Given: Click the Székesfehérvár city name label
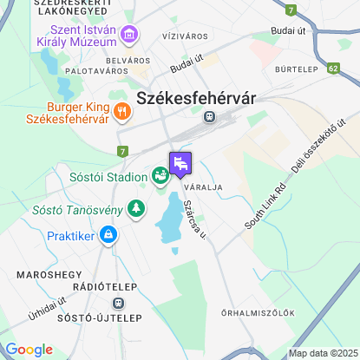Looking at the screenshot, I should [196, 98].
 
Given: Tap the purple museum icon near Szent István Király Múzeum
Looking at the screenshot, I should [129, 36].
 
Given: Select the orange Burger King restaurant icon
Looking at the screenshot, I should [121, 110].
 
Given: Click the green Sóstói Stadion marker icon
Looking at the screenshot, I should [160, 176].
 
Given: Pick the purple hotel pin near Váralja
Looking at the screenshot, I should [180, 162].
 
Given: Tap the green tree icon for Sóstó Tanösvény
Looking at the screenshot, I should [134, 208].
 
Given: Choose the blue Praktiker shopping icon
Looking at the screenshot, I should [108, 234].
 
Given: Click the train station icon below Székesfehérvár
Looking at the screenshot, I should [209, 116].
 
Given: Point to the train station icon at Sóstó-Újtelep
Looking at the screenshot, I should [117, 304].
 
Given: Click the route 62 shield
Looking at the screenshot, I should [335, 66].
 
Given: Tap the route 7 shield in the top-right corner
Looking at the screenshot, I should [291, 10].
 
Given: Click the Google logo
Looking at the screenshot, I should [29, 350].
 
